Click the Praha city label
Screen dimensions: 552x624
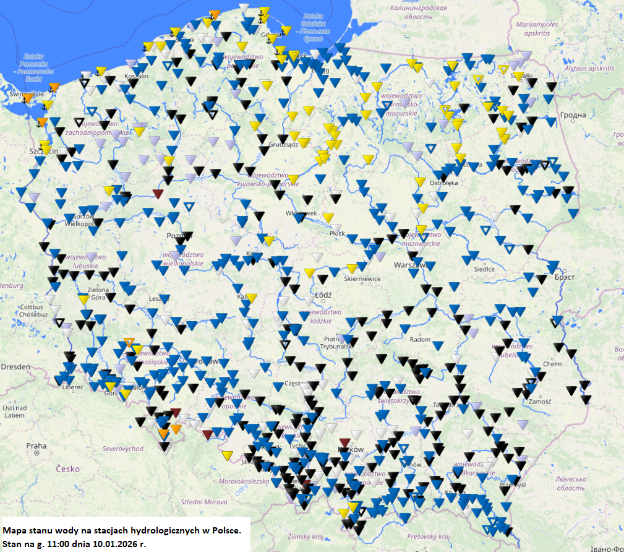click(x=36, y=446)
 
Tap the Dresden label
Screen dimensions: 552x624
click(x=15, y=366)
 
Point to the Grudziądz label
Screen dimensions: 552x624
click(x=279, y=144)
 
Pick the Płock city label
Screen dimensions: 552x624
click(x=337, y=233)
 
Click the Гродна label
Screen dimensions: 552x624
click(x=573, y=115)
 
